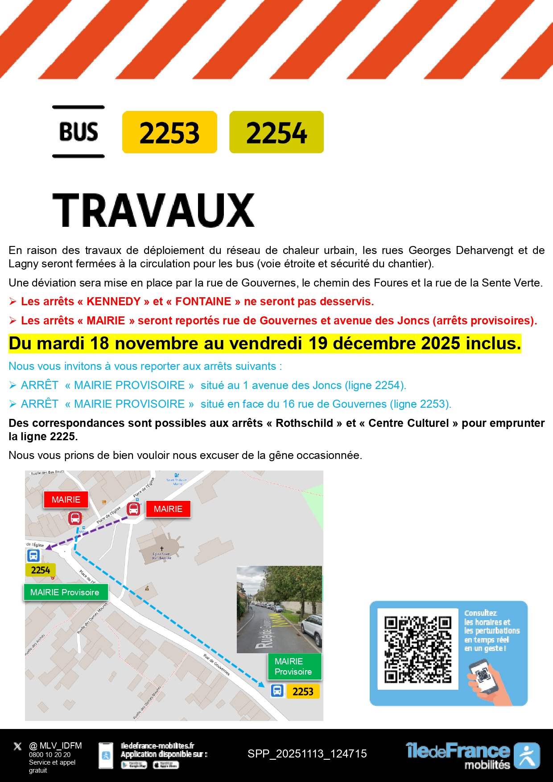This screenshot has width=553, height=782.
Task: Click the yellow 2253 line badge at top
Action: click(169, 132)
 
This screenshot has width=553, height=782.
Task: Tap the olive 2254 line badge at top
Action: click(276, 132)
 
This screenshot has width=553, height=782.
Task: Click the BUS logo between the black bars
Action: click(78, 132)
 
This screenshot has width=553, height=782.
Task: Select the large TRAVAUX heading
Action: click(153, 210)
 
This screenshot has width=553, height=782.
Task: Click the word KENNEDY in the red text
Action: click(114, 302)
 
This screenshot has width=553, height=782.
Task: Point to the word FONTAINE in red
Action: click(203, 302)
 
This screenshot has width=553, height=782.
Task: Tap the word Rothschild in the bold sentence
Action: click(304, 423)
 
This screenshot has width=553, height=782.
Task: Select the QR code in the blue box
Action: click(418, 649)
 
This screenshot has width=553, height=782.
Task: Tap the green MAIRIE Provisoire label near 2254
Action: click(65, 592)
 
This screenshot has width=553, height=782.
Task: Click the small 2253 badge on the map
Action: click(303, 692)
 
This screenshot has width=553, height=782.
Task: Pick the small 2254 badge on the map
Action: click(41, 570)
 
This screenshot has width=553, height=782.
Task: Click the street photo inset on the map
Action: click(279, 609)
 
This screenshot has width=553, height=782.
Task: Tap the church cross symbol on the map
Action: click(162, 549)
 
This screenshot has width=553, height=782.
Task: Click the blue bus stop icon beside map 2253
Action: click(277, 691)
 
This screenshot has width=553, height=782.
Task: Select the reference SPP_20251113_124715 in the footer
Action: click(307, 753)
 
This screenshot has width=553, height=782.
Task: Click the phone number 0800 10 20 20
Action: click(50, 755)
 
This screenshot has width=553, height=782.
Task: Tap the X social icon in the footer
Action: click(17, 746)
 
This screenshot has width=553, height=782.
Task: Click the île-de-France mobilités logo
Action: click(473, 756)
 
